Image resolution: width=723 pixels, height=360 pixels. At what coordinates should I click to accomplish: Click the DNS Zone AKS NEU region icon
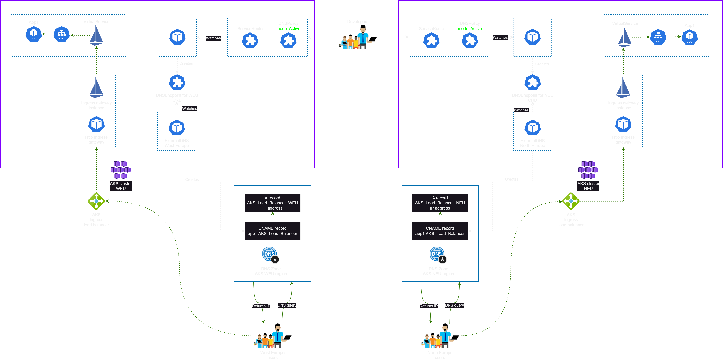[x=438, y=255]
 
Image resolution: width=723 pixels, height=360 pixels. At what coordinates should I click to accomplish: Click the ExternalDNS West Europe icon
[x=177, y=128]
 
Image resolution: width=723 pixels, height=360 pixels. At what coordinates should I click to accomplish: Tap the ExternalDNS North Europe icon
[x=532, y=128]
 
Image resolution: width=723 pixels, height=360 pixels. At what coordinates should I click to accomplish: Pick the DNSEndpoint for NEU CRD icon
[x=532, y=83]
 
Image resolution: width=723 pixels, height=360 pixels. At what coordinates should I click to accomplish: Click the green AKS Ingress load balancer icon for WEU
[x=96, y=201]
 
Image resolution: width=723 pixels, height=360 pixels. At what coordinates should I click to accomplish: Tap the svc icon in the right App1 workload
[x=658, y=37]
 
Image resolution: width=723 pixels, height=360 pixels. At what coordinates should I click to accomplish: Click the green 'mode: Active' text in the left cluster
[x=288, y=29]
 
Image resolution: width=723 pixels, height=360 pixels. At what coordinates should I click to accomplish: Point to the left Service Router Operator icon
[x=177, y=37]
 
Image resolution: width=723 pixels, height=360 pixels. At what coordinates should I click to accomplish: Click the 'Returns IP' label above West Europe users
[x=261, y=306]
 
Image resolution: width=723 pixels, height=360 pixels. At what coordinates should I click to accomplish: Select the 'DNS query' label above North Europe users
[x=454, y=305]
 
